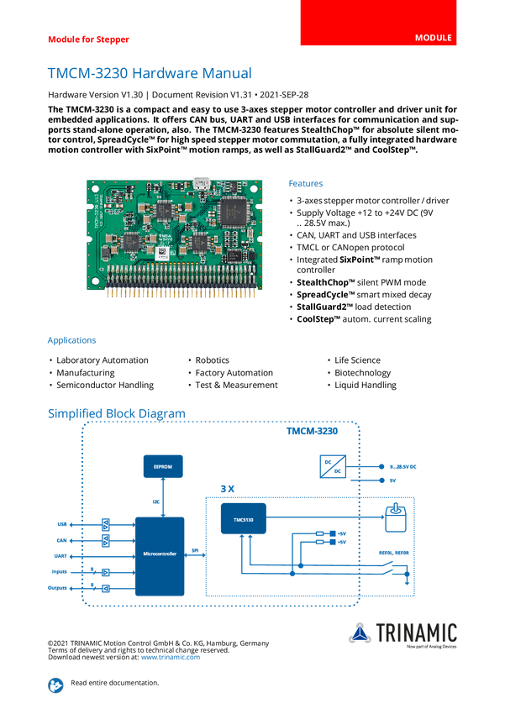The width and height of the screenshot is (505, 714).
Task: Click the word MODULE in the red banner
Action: [x=434, y=39]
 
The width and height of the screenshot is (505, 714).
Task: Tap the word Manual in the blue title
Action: [x=224, y=73]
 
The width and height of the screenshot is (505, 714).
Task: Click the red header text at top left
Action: [x=88, y=39]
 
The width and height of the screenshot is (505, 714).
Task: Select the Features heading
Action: [x=307, y=183]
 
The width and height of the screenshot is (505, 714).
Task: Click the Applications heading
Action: [x=71, y=341]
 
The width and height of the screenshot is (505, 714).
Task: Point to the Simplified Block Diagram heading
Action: [x=116, y=413]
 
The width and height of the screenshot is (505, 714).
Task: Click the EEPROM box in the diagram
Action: [x=162, y=465]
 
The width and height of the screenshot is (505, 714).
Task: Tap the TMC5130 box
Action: [x=244, y=521]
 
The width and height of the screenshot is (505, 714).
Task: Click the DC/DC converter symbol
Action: [x=329, y=467]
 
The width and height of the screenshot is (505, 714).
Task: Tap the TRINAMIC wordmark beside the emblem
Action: [x=418, y=631]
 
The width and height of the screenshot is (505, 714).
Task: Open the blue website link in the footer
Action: [x=171, y=657]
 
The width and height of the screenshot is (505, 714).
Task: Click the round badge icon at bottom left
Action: [x=55, y=685]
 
